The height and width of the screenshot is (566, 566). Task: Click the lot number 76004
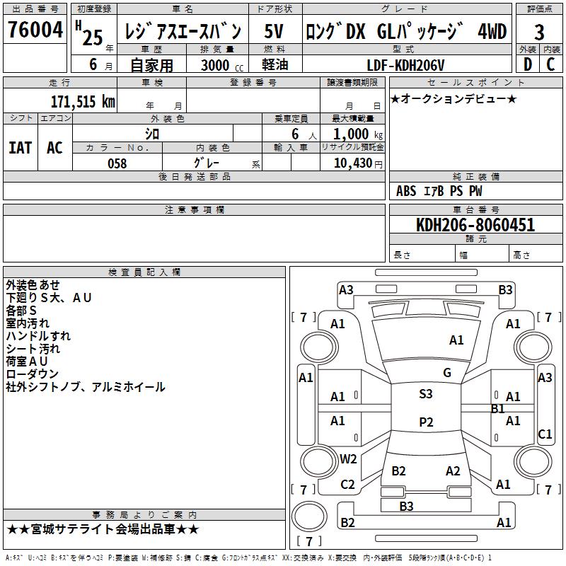click(x=35, y=29)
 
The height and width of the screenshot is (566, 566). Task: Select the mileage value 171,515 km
click(x=83, y=102)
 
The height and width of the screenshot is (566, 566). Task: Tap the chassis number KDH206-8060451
click(x=475, y=225)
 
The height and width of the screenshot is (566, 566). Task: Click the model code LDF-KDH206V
click(x=405, y=65)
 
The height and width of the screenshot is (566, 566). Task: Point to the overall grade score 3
click(x=539, y=32)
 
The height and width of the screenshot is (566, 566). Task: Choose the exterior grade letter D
click(x=528, y=64)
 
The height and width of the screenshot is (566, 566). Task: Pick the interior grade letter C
click(x=550, y=64)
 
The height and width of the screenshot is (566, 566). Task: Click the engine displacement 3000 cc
click(x=222, y=65)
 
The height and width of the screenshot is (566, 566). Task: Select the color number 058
click(x=117, y=163)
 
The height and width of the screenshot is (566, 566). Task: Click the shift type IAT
click(x=21, y=148)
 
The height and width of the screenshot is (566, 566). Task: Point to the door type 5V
click(x=274, y=31)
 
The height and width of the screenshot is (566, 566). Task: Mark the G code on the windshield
click(x=447, y=373)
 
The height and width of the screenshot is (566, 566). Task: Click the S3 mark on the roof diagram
click(x=426, y=394)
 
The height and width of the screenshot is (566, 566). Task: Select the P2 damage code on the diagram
click(x=426, y=422)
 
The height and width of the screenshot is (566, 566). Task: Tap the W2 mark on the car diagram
click(x=348, y=458)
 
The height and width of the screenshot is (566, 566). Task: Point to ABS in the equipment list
click(x=406, y=191)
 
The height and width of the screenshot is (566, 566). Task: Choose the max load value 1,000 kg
click(x=358, y=134)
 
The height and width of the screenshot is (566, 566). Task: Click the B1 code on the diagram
click(x=498, y=409)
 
